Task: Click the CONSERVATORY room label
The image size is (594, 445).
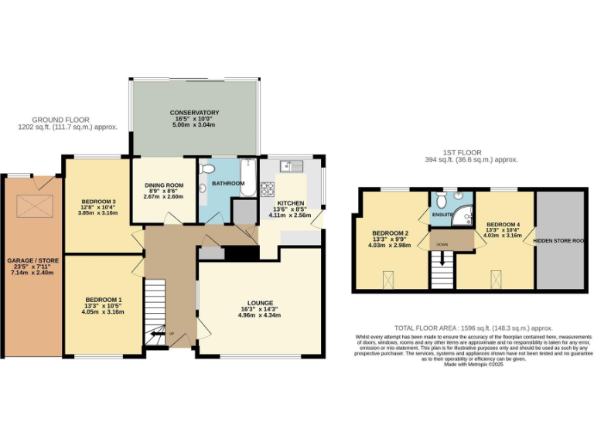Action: tap(194, 113)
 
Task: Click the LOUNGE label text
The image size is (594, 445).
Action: tap(255, 303)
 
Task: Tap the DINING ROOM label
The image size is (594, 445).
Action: tap(164, 185)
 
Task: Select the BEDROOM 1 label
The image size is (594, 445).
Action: tap(104, 300)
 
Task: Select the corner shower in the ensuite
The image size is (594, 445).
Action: tap(463, 216)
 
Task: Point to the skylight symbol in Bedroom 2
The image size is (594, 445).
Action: tap(388, 278)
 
